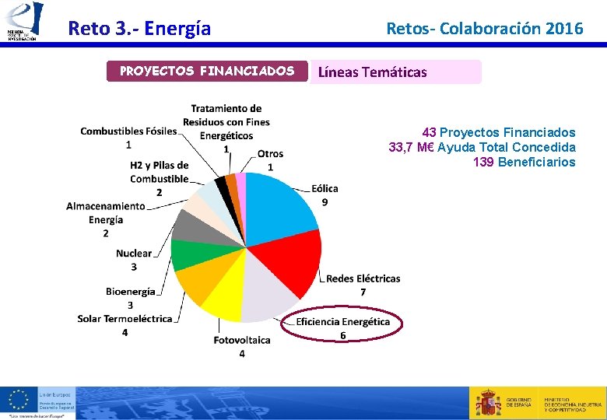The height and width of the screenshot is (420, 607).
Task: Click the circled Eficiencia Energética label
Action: tap(342, 322)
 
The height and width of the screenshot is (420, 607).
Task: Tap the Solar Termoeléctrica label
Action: tap(125, 319)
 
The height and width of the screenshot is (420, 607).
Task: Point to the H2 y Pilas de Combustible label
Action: tap(159, 172)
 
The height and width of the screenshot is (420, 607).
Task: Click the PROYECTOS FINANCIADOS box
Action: tap(207, 72)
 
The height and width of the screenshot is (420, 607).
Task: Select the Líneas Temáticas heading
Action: tap(371, 72)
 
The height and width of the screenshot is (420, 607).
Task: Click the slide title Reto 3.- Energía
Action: tap(139, 29)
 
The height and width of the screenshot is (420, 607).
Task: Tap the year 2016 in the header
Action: tap(564, 29)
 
